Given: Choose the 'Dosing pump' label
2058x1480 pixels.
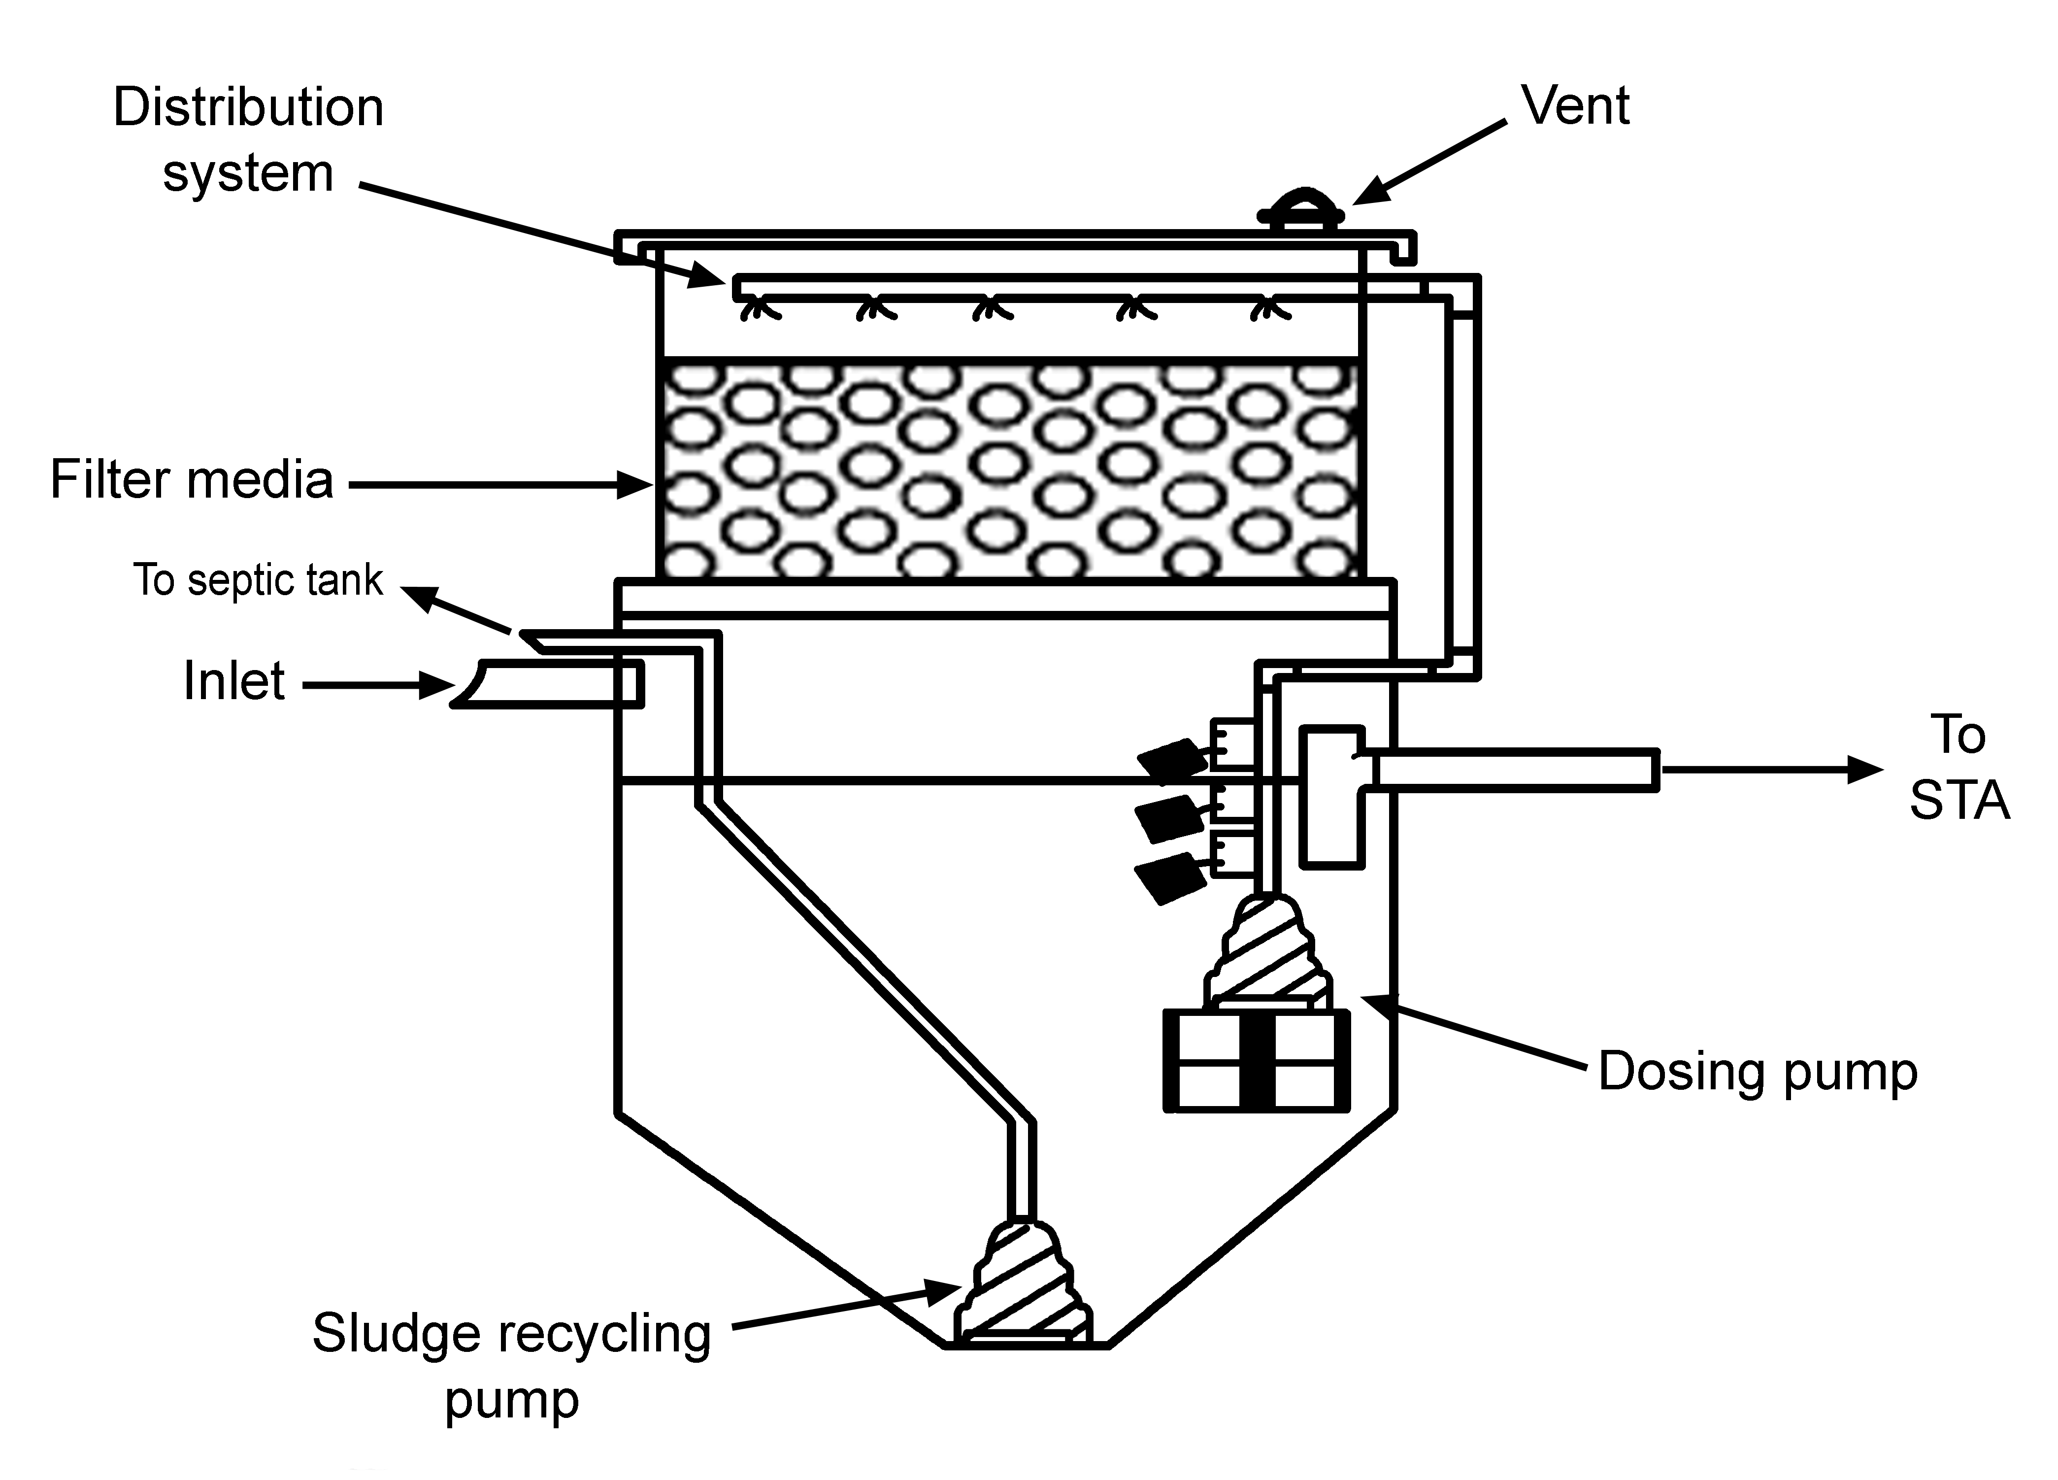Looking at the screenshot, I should pos(1758,1072).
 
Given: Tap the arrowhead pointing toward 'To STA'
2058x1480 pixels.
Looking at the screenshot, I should pos(1865,770).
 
